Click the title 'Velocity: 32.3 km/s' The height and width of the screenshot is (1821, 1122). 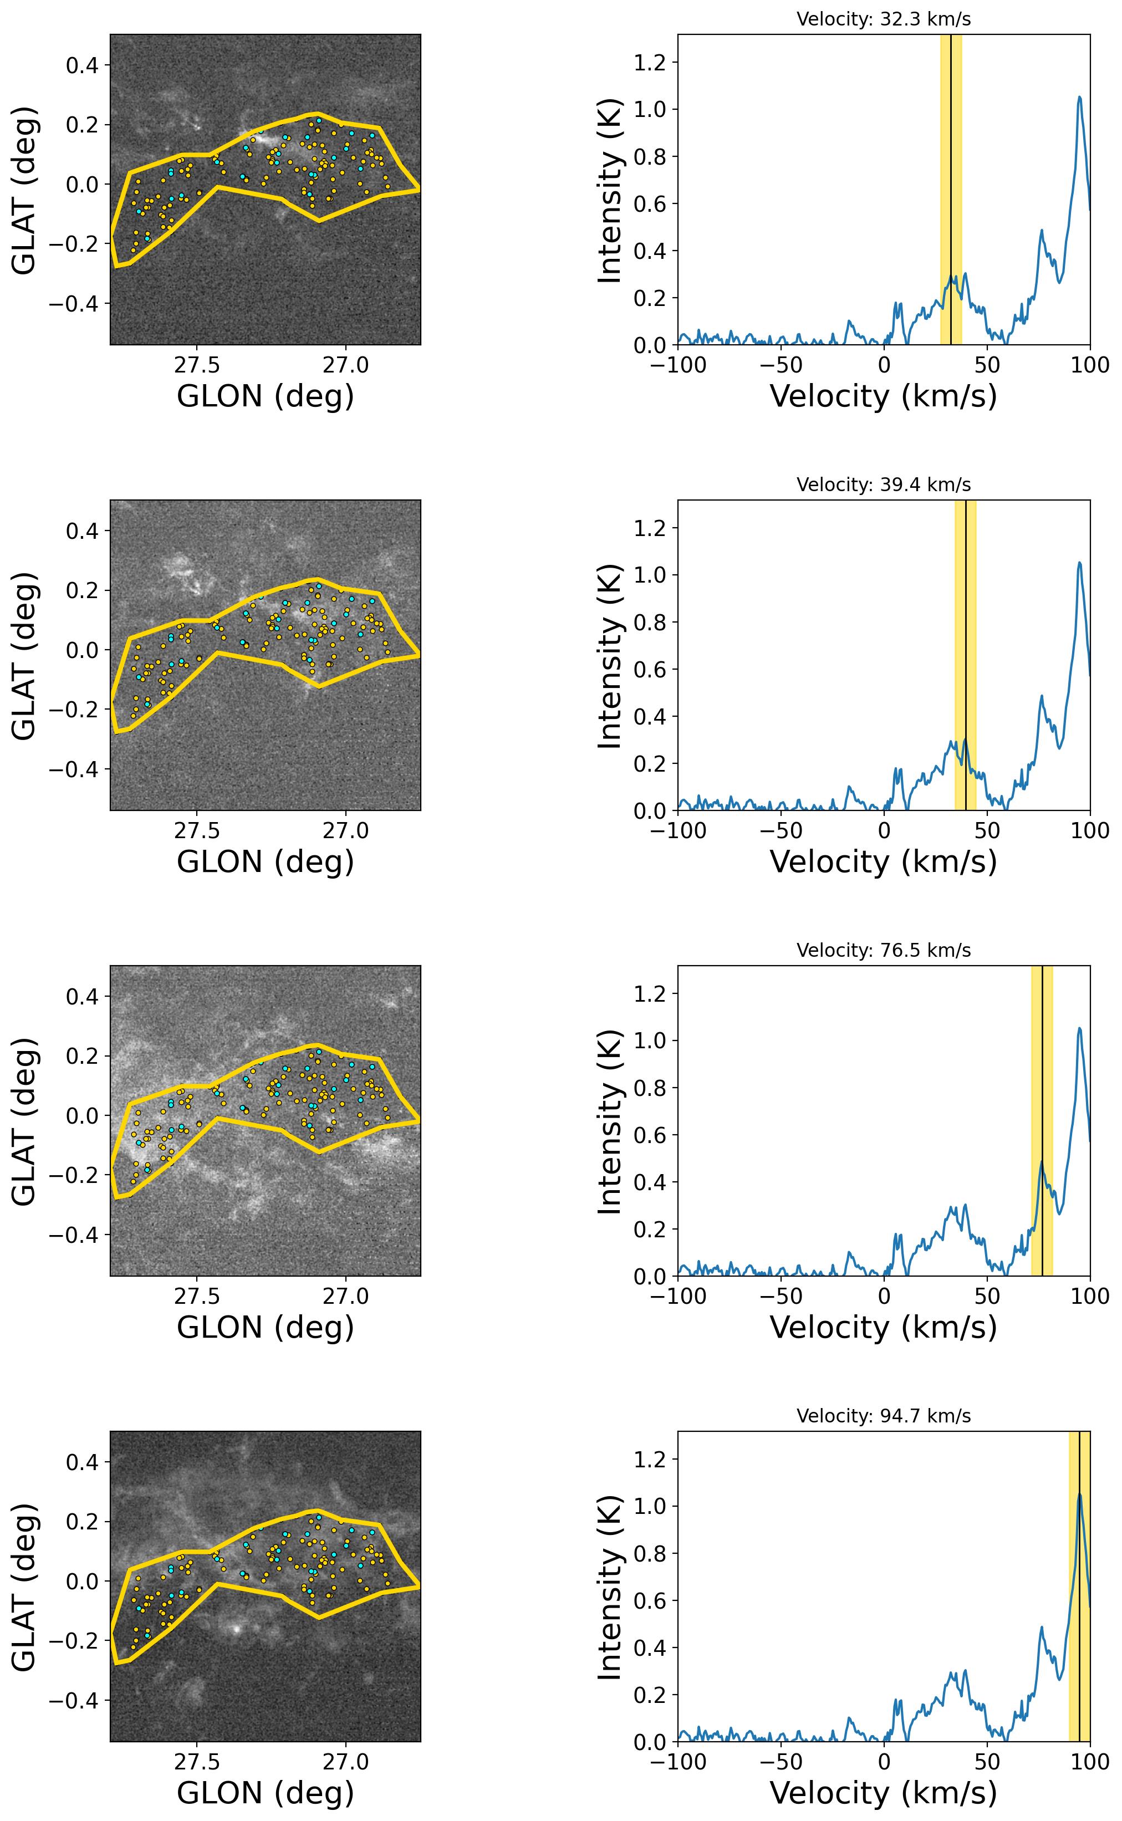pyautogui.click(x=883, y=19)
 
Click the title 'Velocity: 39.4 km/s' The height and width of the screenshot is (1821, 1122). pyautogui.click(x=883, y=484)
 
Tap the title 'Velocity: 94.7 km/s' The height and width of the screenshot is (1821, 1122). pyautogui.click(x=883, y=1415)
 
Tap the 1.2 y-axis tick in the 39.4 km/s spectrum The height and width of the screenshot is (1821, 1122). pyautogui.click(x=650, y=528)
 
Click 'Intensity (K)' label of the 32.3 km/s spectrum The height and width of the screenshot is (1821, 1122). pyautogui.click(x=610, y=190)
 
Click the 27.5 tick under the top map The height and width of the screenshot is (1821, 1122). pyautogui.click(x=197, y=365)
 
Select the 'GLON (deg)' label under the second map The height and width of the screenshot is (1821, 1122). pyautogui.click(x=265, y=861)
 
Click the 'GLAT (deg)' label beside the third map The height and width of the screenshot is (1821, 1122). pyautogui.click(x=24, y=1121)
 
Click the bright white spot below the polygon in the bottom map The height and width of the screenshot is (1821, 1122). pyautogui.click(x=237, y=1630)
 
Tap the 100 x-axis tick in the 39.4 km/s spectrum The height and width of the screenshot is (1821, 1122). pyautogui.click(x=1089, y=830)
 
